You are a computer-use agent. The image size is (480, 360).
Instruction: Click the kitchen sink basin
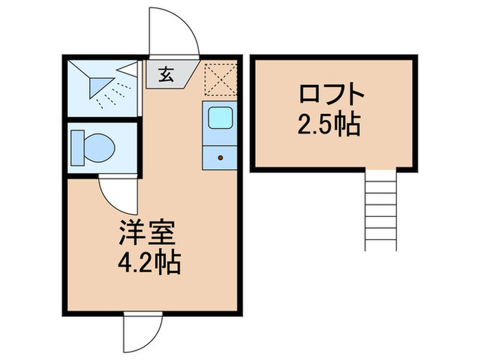pyautogui.click(x=220, y=119)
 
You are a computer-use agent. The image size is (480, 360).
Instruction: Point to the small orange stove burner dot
pyautogui.click(x=220, y=157)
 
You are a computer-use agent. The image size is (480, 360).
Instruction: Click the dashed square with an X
pyautogui.click(x=220, y=77)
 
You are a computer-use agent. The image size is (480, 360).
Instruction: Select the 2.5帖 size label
pyautogui.click(x=330, y=124)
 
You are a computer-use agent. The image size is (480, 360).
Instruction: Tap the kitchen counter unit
pyautogui.click(x=220, y=137)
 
